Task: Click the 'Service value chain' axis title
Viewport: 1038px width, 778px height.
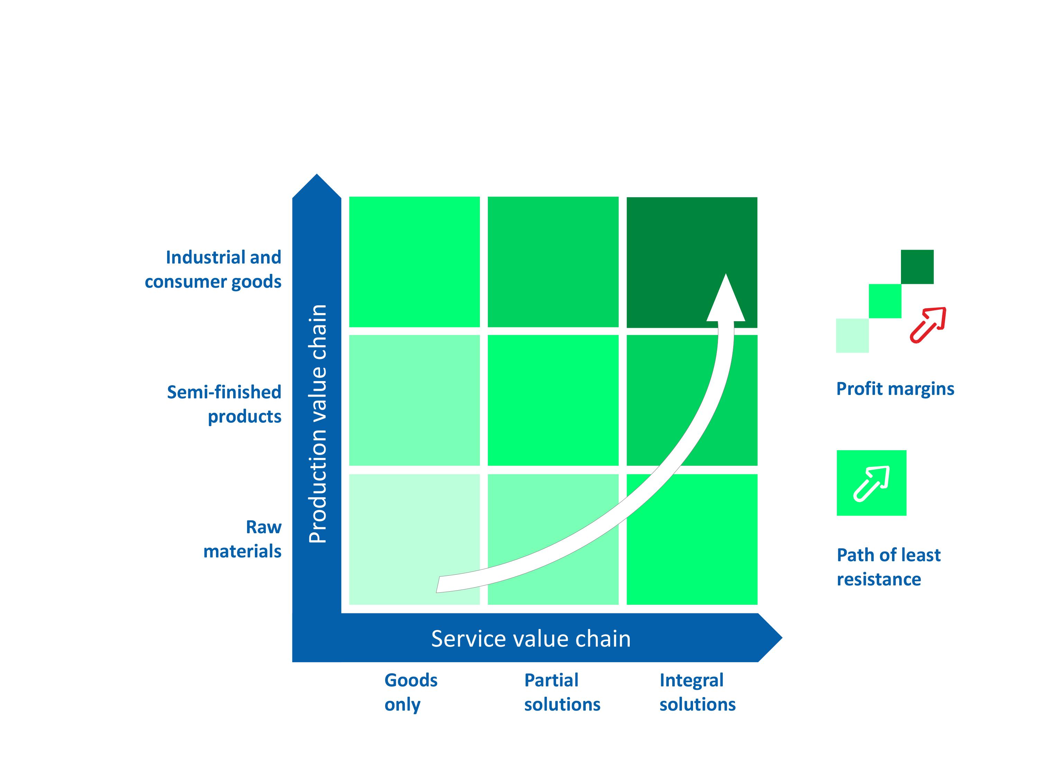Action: click(x=531, y=639)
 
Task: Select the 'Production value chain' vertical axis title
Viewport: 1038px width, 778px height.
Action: click(x=318, y=424)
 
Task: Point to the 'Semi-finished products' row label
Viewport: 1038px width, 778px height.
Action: click(x=224, y=404)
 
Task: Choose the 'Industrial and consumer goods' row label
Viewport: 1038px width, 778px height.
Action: click(x=213, y=269)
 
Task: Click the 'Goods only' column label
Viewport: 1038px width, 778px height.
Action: click(x=411, y=692)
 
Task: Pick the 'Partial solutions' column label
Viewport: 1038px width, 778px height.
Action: click(x=562, y=692)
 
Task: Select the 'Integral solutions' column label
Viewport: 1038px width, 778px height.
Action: click(x=697, y=692)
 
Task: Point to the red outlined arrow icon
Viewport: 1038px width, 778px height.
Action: click(x=928, y=325)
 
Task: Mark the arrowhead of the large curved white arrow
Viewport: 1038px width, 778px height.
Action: click(x=726, y=299)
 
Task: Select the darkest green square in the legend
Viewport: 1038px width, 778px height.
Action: click(x=917, y=267)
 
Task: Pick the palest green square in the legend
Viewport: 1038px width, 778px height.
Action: click(x=852, y=335)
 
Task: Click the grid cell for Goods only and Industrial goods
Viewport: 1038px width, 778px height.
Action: click(x=415, y=262)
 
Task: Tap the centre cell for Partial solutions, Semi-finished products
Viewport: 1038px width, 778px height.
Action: click(x=553, y=400)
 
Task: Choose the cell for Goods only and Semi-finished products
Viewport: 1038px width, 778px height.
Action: click(x=415, y=400)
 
